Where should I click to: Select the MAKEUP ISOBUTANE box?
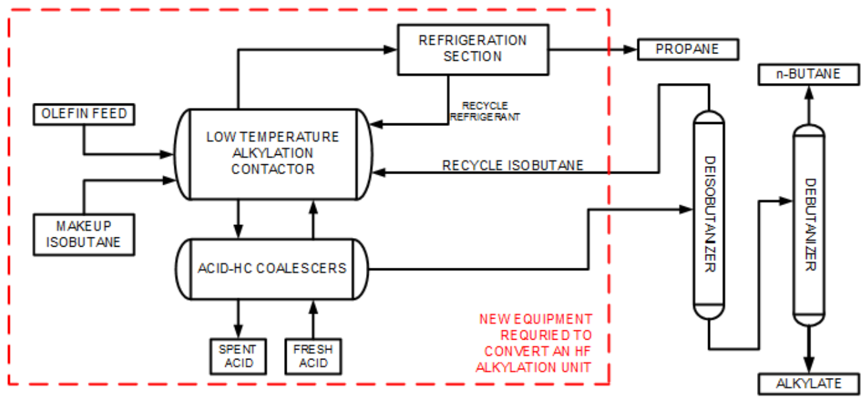(x=83, y=234)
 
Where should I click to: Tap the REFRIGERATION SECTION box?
(x=472, y=49)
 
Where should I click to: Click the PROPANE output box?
(x=687, y=49)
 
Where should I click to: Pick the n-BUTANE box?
(x=809, y=75)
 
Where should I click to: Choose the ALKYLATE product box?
(x=809, y=384)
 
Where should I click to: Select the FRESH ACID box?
(x=313, y=356)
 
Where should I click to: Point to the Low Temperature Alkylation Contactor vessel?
(x=272, y=153)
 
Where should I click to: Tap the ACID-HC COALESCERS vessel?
(x=271, y=268)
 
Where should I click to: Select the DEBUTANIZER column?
(x=809, y=224)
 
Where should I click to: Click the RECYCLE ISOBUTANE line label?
(x=513, y=165)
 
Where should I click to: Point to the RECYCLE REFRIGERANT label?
(x=485, y=111)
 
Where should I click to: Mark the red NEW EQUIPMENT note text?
(x=536, y=343)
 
